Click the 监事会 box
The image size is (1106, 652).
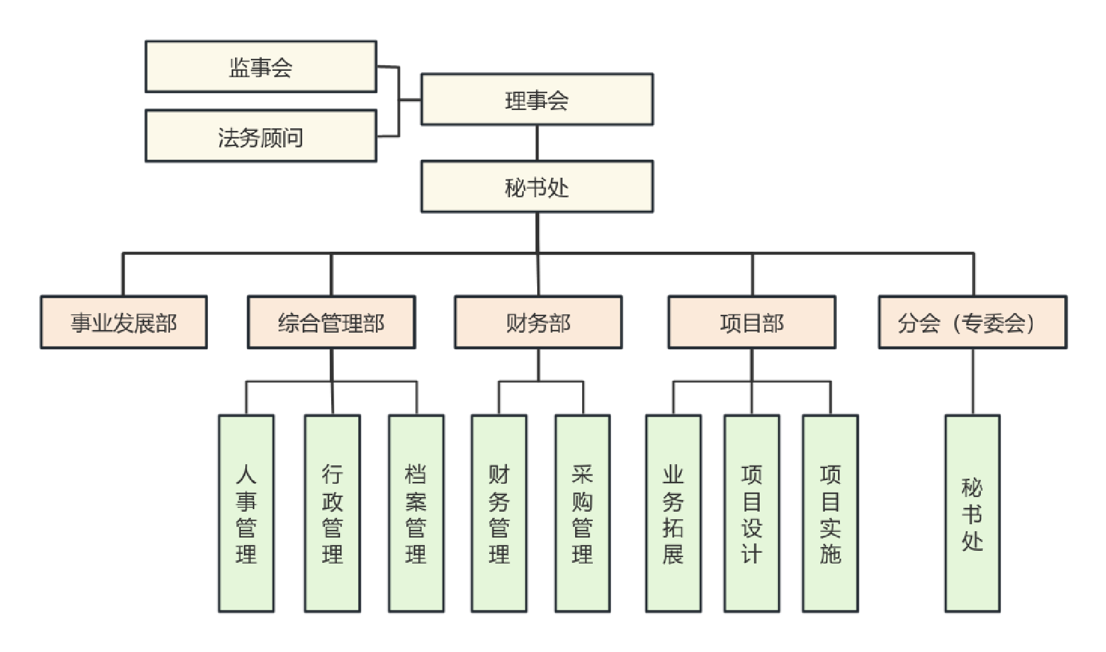260,67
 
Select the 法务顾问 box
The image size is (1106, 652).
260,137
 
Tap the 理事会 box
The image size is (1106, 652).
537,99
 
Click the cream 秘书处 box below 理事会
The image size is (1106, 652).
537,187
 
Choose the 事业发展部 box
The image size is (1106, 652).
124,323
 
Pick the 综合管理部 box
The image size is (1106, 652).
331,323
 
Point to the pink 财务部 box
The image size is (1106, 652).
538,323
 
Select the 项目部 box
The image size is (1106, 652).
751,323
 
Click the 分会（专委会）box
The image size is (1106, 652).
972,323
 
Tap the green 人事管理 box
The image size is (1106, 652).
246,513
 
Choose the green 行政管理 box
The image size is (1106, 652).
332,513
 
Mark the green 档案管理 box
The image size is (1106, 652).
416,513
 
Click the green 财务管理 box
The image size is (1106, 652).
499,513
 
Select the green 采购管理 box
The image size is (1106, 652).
582,513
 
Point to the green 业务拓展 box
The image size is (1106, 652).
673,513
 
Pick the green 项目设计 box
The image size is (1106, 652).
751,513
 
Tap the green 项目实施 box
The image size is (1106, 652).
830,513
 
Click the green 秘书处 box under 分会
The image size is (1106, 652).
972,513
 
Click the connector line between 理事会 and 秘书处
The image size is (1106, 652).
537,143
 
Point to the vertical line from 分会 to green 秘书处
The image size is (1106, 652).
973,381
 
